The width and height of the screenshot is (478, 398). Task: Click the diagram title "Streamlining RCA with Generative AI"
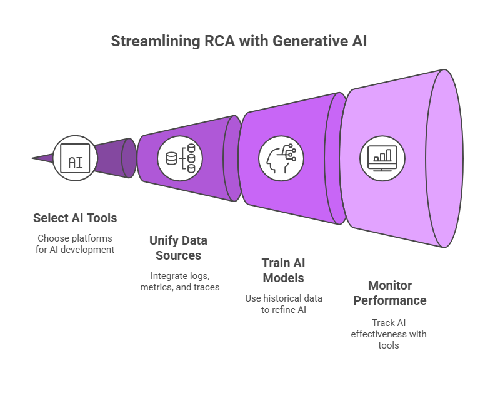(x=238, y=41)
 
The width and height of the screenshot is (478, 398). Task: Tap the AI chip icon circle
(x=75, y=158)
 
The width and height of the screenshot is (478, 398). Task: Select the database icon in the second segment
(x=181, y=158)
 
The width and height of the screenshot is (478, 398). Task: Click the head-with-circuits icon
(x=281, y=158)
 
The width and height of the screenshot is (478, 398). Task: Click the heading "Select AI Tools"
(x=75, y=218)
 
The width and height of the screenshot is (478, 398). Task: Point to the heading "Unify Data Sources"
(x=178, y=248)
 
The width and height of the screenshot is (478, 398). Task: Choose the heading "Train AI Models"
(x=284, y=270)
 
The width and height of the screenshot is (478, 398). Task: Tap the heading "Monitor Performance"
(x=389, y=293)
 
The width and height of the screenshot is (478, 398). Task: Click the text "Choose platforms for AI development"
(x=75, y=243)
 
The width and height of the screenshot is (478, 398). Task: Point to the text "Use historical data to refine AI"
(x=284, y=305)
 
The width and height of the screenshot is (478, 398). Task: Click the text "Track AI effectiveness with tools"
(x=389, y=334)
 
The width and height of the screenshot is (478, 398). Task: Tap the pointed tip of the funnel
(x=34, y=158)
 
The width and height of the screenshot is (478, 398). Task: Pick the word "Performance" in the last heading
(x=389, y=300)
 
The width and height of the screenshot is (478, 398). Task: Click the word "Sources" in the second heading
(x=178, y=255)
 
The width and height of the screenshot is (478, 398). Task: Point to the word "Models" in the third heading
(x=284, y=277)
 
